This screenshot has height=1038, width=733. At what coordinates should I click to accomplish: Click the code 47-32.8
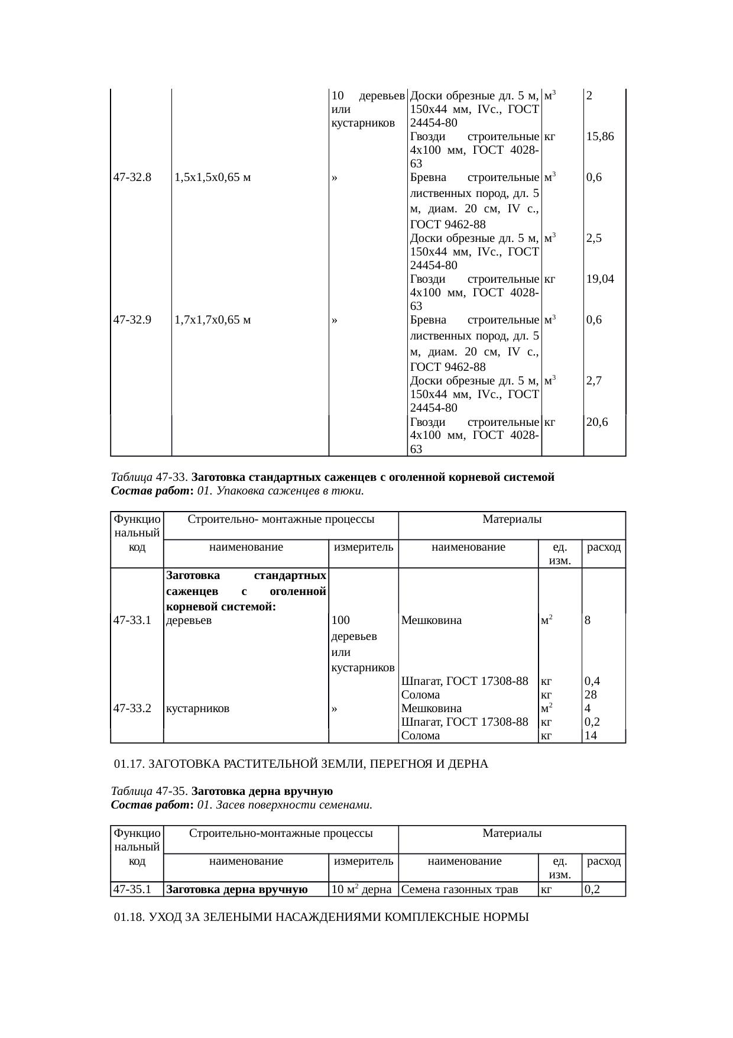click(x=132, y=177)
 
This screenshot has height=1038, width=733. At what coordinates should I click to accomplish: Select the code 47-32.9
click(x=132, y=320)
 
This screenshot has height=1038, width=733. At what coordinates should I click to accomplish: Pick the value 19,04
click(x=600, y=279)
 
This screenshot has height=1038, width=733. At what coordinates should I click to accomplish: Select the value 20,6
click(x=598, y=422)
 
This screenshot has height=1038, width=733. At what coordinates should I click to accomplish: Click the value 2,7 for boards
click(x=594, y=381)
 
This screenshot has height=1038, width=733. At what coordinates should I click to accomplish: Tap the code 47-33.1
click(x=132, y=620)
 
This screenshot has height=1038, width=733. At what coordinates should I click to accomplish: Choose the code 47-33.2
click(x=132, y=708)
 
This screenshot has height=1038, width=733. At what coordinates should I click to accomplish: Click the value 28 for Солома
click(x=591, y=694)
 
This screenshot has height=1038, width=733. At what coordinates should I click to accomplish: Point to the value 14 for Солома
click(x=591, y=736)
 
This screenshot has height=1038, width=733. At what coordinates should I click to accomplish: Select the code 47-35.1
click(x=132, y=889)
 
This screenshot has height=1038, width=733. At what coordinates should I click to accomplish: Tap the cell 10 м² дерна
click(x=362, y=889)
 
